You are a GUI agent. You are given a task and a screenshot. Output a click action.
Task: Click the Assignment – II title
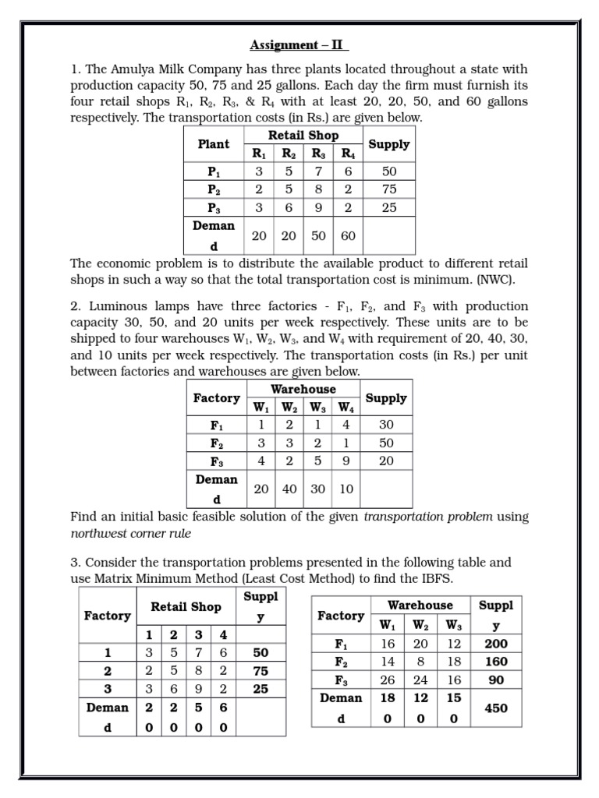point(299,45)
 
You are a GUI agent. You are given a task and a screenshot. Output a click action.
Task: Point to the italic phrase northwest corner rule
point(130,533)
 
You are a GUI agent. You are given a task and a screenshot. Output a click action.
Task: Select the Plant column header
point(214,144)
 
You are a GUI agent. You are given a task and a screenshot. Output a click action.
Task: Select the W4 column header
point(344,407)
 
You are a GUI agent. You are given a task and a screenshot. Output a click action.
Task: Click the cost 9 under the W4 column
point(344,461)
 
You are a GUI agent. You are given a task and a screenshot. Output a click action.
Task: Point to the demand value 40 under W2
point(289,489)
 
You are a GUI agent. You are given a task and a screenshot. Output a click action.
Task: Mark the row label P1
point(214,171)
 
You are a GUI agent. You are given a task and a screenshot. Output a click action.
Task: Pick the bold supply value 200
point(496,644)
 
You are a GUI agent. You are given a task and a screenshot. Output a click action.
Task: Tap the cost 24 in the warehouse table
point(420,680)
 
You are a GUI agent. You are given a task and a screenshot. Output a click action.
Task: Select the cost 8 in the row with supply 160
point(420,662)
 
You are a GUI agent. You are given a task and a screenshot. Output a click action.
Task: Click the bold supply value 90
point(496,680)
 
